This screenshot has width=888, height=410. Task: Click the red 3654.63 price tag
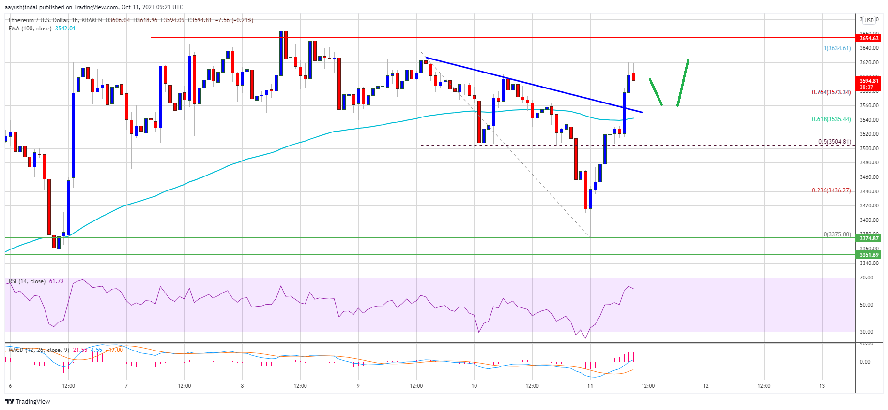click(869, 38)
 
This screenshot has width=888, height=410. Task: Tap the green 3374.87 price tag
click(869, 238)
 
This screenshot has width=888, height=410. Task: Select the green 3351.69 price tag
click(869, 255)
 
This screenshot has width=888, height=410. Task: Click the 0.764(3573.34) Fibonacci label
click(831, 92)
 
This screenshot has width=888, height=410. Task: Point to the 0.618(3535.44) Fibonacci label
click(831, 119)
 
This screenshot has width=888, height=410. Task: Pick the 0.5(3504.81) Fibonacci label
click(834, 142)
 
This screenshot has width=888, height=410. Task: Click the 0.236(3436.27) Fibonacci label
click(831, 190)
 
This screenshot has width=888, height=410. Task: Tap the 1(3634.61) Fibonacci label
click(837, 48)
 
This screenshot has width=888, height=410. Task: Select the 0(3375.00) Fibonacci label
click(837, 234)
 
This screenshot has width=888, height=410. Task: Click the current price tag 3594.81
click(869, 81)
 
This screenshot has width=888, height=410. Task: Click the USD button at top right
click(869, 20)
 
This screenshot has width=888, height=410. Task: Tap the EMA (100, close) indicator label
click(30, 29)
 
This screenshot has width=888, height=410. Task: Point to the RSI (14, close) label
click(27, 281)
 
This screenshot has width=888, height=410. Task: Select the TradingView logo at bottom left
click(28, 401)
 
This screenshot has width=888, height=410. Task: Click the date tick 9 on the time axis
click(358, 386)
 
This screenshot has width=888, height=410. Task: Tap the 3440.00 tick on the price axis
click(869, 191)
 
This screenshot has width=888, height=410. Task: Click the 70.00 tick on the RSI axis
click(866, 278)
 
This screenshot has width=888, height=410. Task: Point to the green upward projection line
click(683, 82)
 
